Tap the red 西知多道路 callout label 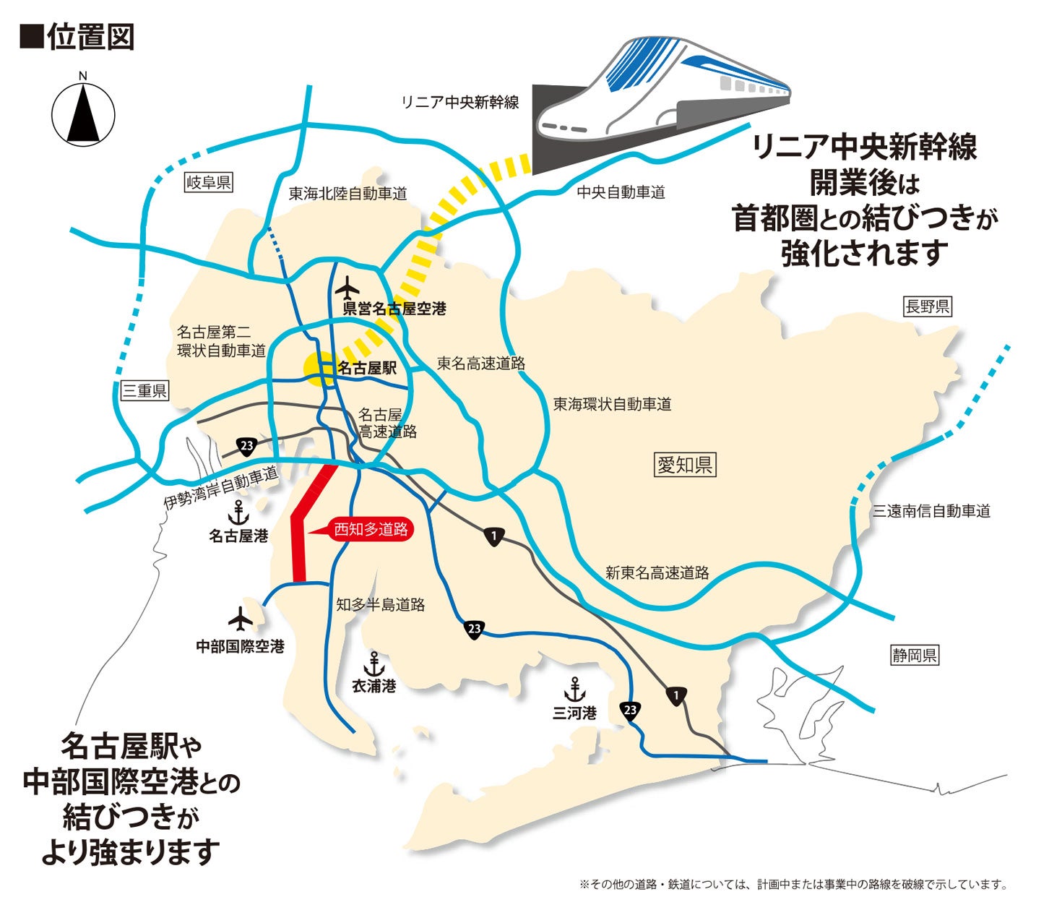pyautogui.click(x=370, y=530)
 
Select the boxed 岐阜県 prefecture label pyautogui.click(x=208, y=182)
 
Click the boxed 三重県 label pyautogui.click(x=144, y=391)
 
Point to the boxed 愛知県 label pyautogui.click(x=683, y=465)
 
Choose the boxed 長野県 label pyautogui.click(x=928, y=306)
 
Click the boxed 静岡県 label pyautogui.click(x=914, y=656)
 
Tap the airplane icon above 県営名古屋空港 pyautogui.click(x=348, y=288)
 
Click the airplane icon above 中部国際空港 pyautogui.click(x=240, y=619)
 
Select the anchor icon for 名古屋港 pyautogui.click(x=238, y=513)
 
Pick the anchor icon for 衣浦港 pyautogui.click(x=374, y=663)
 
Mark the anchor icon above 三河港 pyautogui.click(x=574, y=690)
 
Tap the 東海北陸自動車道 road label pyautogui.click(x=347, y=194)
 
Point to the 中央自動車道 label pyautogui.click(x=621, y=192)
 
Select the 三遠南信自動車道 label pyautogui.click(x=931, y=511)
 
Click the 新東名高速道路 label pyautogui.click(x=657, y=573)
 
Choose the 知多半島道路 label pyautogui.click(x=380, y=605)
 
